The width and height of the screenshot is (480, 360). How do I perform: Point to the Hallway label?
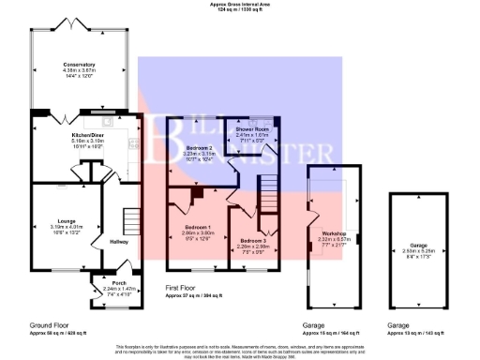point(119,241)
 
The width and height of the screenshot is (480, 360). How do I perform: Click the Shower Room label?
point(251,129)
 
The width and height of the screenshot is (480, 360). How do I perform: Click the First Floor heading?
point(185,288)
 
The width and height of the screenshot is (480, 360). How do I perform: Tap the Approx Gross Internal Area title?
point(240,4)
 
